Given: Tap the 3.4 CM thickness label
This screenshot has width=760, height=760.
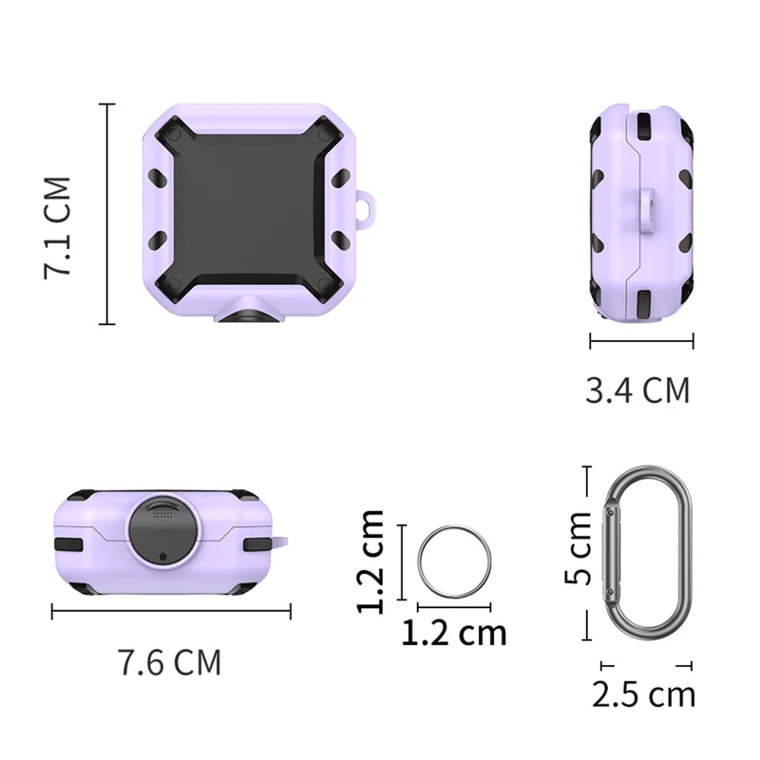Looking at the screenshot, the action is (x=637, y=390).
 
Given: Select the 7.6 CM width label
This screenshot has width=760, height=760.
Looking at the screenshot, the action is (x=170, y=662).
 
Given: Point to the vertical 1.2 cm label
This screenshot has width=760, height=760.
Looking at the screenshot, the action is (x=370, y=562).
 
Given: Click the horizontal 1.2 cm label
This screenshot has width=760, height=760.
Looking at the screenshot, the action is (x=454, y=633).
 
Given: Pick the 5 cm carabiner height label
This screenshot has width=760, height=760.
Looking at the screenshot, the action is (x=579, y=548).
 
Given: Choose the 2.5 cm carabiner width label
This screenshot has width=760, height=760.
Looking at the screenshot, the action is (x=644, y=694).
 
